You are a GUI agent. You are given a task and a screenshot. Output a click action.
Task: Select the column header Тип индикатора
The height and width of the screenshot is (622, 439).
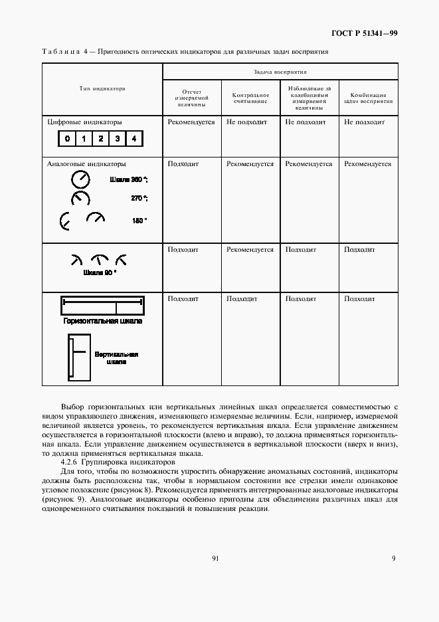(102, 88)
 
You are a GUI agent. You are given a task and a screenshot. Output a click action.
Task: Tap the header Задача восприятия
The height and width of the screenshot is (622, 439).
(280, 71)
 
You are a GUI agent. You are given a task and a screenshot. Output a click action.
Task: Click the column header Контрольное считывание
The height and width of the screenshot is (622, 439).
(250, 98)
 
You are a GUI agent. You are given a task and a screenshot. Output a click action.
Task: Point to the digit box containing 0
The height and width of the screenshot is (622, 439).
(67, 139)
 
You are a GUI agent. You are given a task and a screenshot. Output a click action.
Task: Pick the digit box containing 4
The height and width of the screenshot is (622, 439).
(133, 139)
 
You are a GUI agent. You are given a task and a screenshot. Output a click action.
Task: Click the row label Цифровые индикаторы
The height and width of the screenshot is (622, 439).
(84, 122)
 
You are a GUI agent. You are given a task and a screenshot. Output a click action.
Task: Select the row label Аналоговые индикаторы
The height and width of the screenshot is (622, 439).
(86, 163)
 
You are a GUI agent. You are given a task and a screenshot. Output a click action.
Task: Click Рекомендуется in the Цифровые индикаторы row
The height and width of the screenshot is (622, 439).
(191, 122)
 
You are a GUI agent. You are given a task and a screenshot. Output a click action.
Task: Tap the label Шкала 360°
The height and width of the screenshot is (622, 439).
(128, 179)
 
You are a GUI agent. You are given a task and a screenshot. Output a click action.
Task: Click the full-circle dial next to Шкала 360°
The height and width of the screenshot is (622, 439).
(80, 179)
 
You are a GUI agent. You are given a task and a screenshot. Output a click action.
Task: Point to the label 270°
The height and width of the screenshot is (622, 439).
(138, 198)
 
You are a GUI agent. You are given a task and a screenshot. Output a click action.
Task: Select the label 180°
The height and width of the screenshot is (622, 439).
(139, 221)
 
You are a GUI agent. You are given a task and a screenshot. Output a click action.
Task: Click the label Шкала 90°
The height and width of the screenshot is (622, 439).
(100, 272)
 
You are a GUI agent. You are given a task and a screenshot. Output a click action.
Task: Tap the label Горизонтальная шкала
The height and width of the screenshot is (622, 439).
(102, 321)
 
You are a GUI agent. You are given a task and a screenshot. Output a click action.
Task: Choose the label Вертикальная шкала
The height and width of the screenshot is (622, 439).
(116, 358)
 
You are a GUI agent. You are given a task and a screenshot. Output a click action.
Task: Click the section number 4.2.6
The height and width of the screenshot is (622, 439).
(70, 462)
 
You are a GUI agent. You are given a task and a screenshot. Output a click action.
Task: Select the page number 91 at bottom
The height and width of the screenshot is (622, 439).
(216, 558)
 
